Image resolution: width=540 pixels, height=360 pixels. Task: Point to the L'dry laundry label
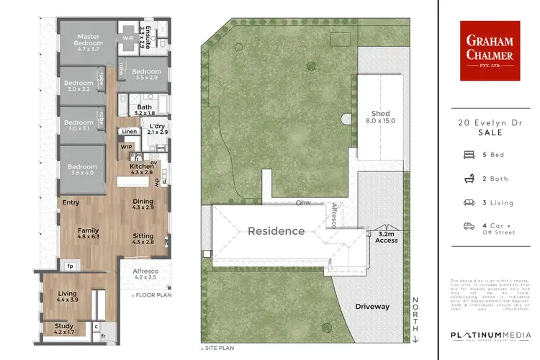click(x=157, y=129)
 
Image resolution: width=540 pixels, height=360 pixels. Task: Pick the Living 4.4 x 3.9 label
click(x=68, y=296)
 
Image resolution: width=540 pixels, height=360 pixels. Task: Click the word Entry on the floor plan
click(x=71, y=202)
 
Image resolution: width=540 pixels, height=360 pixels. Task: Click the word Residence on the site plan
click(x=276, y=231)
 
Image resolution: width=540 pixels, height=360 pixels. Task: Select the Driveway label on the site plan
click(x=372, y=307)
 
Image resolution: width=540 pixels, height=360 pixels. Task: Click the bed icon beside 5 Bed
click(x=469, y=154)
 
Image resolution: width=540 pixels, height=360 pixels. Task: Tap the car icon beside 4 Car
click(x=469, y=226)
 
